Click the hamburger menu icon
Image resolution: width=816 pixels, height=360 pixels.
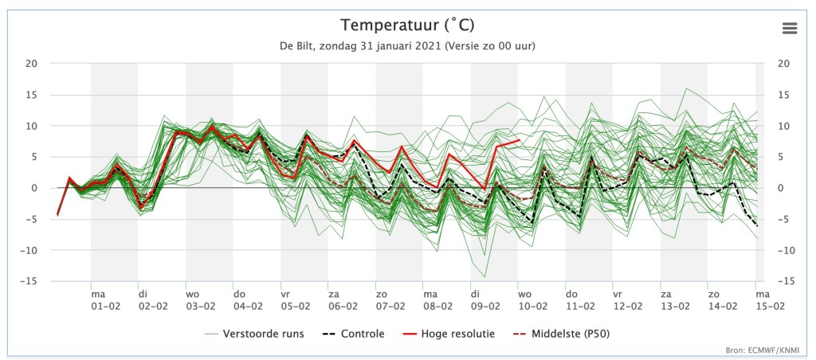click(790, 28)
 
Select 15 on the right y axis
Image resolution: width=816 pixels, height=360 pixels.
click(783, 95)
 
